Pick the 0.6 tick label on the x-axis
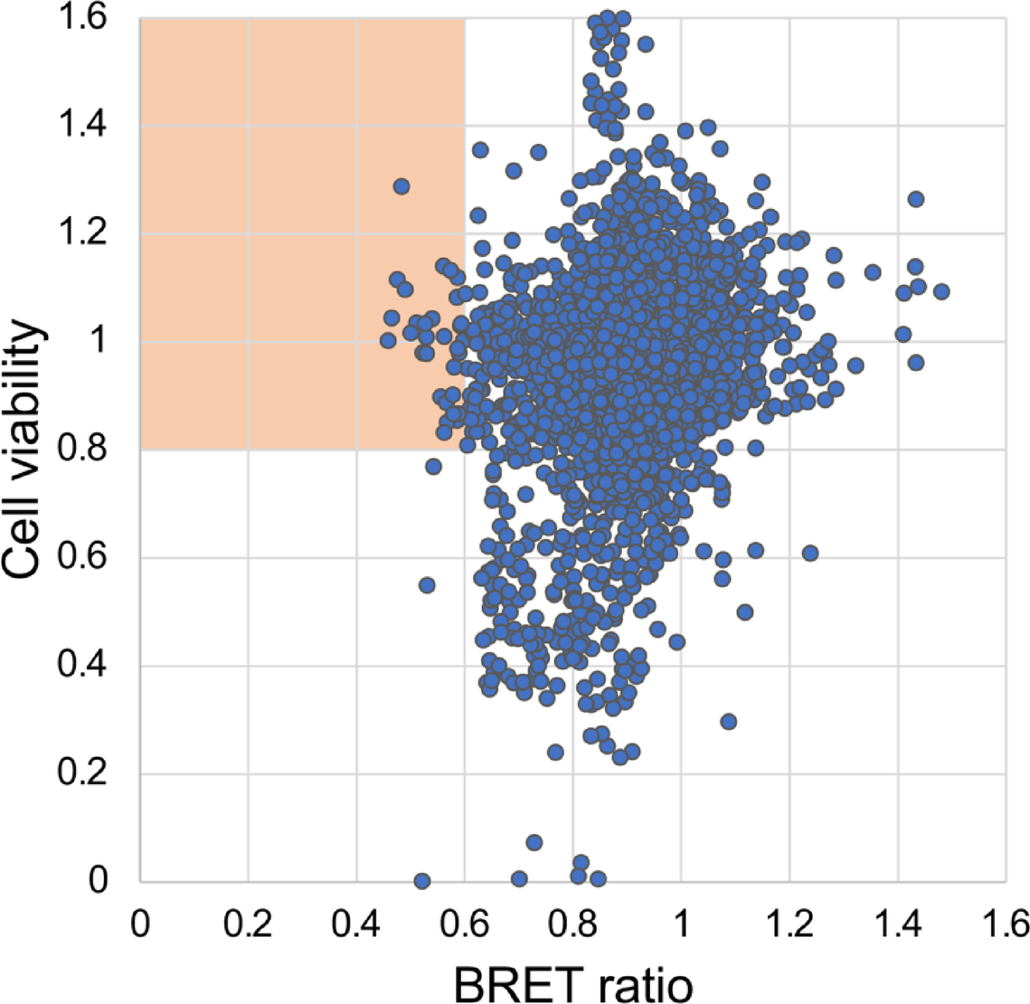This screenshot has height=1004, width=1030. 465,924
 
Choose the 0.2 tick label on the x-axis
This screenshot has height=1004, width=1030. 249,924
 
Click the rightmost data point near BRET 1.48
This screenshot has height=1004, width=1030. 940,291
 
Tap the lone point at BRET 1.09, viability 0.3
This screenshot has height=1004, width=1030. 729,721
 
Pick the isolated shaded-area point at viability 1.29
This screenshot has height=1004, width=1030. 402,186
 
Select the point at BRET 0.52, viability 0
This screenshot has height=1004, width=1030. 421,881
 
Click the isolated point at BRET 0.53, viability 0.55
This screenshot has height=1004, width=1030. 427,585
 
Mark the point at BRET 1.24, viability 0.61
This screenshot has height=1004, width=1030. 810,553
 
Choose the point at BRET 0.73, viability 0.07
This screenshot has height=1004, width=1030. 534,843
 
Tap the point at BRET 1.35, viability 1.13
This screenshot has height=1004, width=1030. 873,271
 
